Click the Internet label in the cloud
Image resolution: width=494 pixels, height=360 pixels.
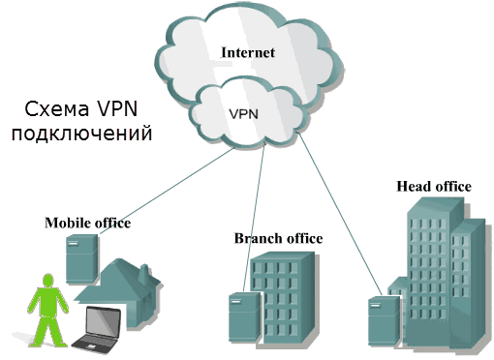[x=248, y=52]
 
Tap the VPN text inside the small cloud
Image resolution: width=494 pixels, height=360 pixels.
[x=243, y=113]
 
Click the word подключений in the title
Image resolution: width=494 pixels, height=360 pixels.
[x=82, y=133]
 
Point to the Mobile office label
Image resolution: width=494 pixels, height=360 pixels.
[x=87, y=224]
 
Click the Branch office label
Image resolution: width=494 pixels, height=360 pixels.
[x=278, y=238]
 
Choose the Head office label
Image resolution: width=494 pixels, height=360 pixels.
[x=434, y=186]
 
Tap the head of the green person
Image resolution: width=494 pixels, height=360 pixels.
[x=42, y=280]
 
